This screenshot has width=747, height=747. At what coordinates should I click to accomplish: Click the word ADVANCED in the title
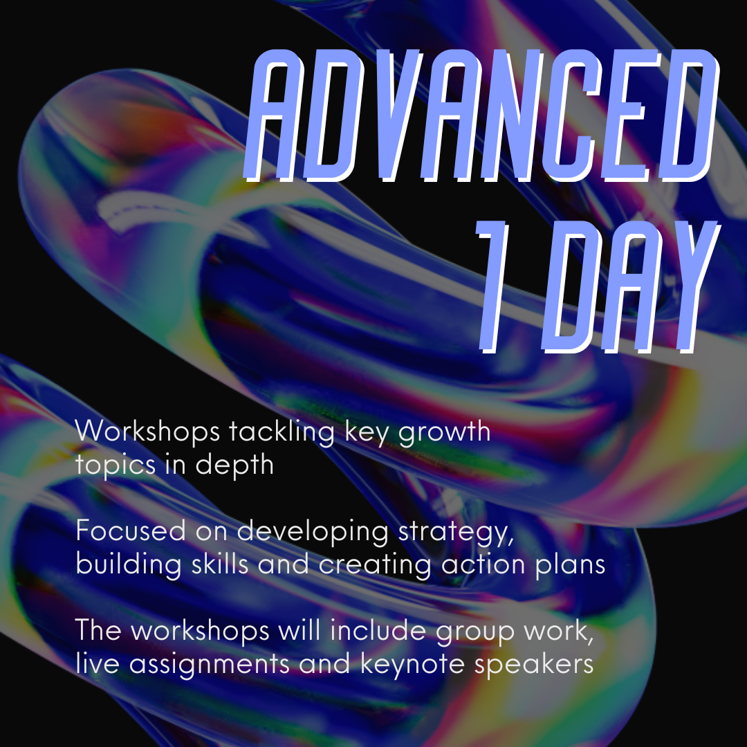tap(481, 116)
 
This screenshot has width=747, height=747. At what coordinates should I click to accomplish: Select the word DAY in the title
tap(631, 287)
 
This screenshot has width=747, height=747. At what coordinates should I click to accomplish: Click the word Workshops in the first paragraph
tap(147, 432)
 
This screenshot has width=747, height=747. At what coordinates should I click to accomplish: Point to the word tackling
tap(282, 432)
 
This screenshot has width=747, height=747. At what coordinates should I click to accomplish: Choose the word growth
tap(444, 432)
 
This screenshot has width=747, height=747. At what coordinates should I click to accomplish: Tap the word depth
tap(234, 465)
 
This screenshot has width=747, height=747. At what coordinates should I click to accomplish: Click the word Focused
tap(131, 531)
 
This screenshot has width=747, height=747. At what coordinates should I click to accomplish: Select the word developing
tap(313, 532)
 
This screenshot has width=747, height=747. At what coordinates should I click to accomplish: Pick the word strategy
tap(456, 533)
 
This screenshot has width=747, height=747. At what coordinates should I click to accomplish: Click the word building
tap(129, 565)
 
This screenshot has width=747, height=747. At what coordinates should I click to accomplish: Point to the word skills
tap(220, 564)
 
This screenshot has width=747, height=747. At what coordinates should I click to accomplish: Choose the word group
tap(475, 633)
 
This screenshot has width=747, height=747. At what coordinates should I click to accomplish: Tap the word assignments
tap(209, 665)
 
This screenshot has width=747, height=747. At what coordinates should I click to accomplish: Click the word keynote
tap(412, 665)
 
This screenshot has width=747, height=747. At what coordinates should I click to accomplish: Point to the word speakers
tap(533, 665)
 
